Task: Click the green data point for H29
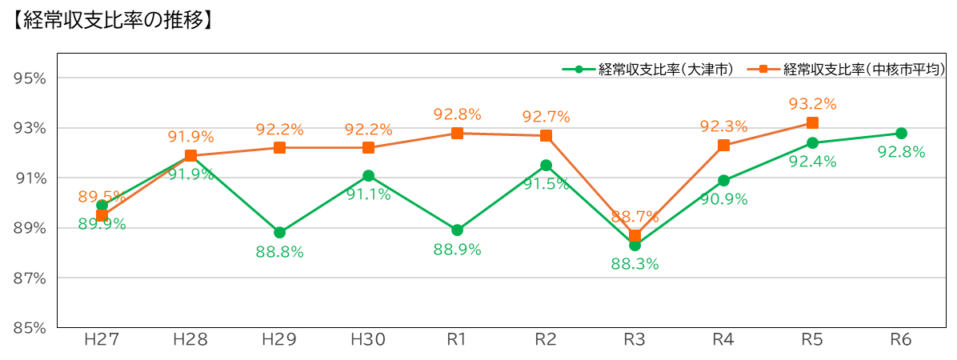tap(279, 233)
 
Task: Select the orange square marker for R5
tap(812, 122)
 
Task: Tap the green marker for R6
tap(901, 134)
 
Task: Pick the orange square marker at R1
tap(457, 134)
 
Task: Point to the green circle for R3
tap(635, 245)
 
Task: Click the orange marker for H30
tap(368, 148)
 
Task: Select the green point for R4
tap(723, 181)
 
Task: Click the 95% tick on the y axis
tap(30, 78)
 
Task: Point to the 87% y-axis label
tap(30, 278)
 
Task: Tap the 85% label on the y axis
tap(30, 328)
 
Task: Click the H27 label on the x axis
tap(102, 340)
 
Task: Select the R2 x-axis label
tap(546, 340)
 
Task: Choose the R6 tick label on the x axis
tap(901, 340)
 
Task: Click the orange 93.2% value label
tap(812, 104)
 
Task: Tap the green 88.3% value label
tap(635, 264)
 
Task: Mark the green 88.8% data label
tap(279, 252)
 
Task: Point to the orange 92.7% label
tap(546, 117)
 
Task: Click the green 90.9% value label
tap(723, 200)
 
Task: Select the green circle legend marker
tap(579, 70)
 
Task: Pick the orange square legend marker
tap(763, 70)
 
